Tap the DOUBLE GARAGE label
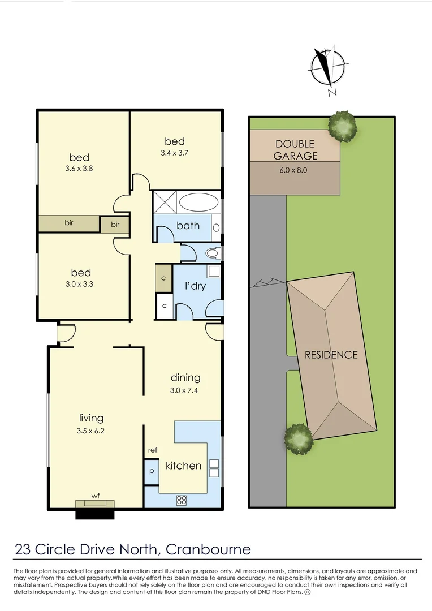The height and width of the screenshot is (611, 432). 296,150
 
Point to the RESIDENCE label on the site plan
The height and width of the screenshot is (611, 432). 331,355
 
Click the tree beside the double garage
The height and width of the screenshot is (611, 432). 343,126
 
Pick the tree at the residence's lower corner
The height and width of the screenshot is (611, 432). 298,438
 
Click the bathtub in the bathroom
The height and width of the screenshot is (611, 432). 198,202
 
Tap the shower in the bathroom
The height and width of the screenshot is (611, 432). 165,202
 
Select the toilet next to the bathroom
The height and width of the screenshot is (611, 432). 212,253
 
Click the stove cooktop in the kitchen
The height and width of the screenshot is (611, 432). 182,500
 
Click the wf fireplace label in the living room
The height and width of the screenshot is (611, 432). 96,496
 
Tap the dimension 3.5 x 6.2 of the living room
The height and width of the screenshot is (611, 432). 91,430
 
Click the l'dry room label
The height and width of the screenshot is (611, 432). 196,286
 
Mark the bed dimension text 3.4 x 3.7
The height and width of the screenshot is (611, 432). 175,153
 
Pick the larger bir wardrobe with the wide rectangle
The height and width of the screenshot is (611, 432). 69,223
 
